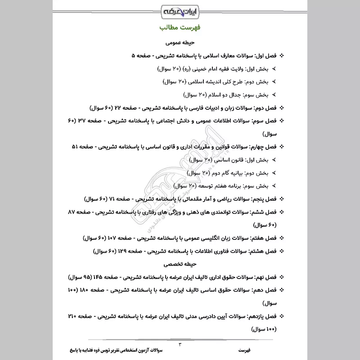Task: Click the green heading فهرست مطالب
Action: tap(180, 27)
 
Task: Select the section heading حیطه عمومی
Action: tap(180, 44)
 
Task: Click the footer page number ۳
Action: tap(180, 344)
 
